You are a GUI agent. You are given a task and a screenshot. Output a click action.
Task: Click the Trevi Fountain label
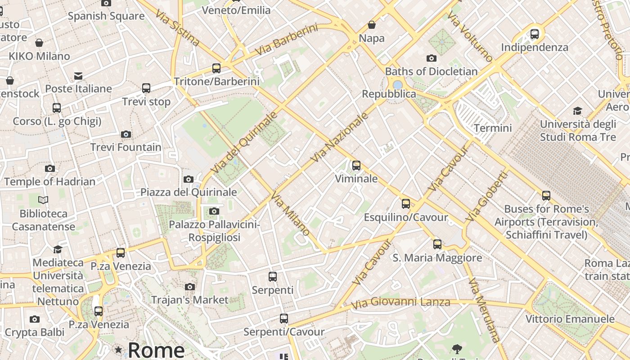coord(126,147)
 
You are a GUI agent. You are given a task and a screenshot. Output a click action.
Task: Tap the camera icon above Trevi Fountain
coord(126,134)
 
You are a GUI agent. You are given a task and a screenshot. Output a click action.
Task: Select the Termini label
coord(493,128)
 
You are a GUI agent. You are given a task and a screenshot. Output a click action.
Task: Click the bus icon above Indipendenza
coord(535,34)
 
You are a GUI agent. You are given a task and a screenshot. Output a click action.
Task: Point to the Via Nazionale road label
coord(340,137)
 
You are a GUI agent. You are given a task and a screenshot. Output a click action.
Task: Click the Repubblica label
coord(389,94)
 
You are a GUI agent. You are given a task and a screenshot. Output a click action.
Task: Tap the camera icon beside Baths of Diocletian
coord(432,58)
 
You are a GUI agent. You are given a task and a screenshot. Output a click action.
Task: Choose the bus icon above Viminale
coord(356,166)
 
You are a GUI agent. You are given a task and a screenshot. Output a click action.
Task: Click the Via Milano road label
coord(290,213)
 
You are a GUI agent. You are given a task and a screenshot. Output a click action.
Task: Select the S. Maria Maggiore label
coord(437,258)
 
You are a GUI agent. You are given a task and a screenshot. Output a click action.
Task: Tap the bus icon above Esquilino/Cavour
coord(406,204)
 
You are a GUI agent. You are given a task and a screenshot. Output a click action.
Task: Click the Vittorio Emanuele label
coord(570,319)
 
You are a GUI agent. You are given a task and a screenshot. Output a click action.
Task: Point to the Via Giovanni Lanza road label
coord(400,303)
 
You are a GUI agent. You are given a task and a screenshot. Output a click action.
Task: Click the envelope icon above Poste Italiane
coord(78,76)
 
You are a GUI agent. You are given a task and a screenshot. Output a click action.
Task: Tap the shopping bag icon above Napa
coord(372,25)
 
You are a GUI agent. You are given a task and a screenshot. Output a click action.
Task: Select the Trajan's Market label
coord(190,300)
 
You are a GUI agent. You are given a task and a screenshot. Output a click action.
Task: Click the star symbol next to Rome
coord(118,350)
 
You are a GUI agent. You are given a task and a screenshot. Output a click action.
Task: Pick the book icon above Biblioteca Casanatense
coord(43,200)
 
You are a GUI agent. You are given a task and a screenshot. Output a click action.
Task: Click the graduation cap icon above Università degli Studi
coord(577,111)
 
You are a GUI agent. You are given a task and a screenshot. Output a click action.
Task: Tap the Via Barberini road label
coord(286,41)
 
